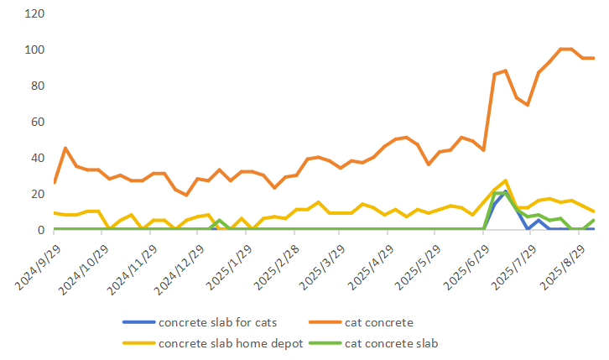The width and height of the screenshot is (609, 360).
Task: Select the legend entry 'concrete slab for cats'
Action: (x=216, y=322)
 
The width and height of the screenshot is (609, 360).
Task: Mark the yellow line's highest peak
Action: (x=506, y=180)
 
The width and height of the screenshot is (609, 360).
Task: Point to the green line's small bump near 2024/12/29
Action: (x=219, y=221)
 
